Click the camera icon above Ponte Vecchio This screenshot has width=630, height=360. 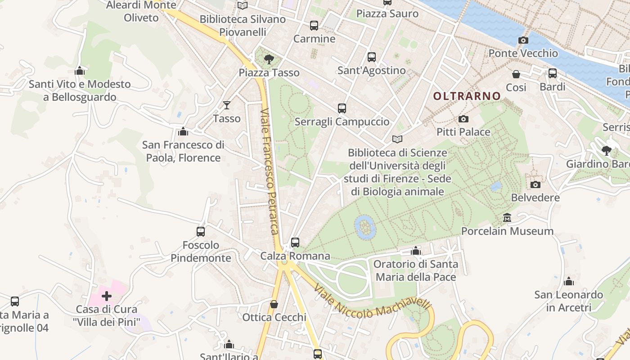click(523, 40)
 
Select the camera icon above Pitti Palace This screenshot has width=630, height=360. click(463, 119)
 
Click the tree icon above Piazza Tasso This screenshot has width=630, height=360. click(269, 58)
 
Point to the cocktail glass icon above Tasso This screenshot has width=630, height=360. click(227, 105)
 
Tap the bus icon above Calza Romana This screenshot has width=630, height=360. click(295, 243)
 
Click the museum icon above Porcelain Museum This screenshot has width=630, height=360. click(507, 218)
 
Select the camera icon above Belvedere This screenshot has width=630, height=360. click(535, 184)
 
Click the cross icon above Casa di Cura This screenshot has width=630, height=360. click(107, 296)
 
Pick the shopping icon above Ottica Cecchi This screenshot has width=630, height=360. click(274, 304)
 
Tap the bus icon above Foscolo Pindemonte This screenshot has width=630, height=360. click(201, 232)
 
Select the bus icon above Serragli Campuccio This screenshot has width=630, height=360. click(342, 108)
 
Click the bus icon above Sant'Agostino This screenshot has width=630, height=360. click(371, 57)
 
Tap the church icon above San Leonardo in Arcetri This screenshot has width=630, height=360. click(569, 282)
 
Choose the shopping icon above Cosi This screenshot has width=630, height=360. click(516, 74)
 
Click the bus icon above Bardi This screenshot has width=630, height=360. click(553, 73)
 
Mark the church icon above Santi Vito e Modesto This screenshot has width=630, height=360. click(80, 71)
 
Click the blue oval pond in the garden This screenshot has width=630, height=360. click(365, 226)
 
